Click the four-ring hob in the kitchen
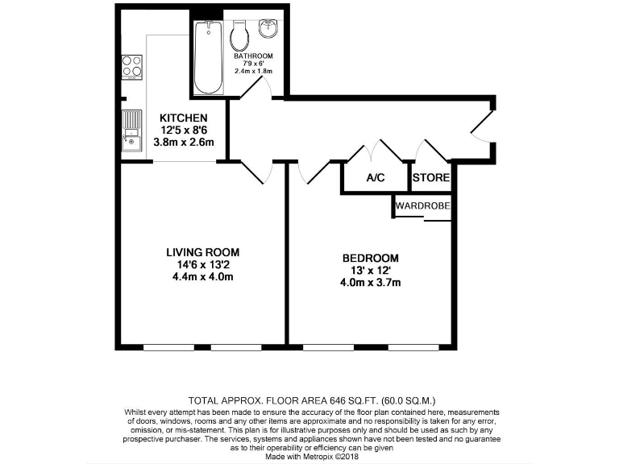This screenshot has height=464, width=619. [131, 66]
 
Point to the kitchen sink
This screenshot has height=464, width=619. [131, 131]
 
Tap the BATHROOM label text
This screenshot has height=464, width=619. [254, 56]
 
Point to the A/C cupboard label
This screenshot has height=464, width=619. [375, 178]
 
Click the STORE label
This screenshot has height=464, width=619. [431, 178]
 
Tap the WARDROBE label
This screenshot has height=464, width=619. [422, 206]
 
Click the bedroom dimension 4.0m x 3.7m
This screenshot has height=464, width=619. [371, 283]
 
